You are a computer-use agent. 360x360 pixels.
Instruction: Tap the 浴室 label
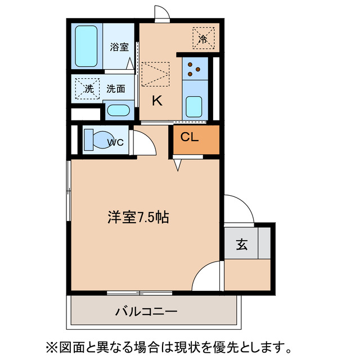click(119, 47)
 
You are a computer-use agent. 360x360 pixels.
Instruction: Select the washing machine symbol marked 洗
click(88, 88)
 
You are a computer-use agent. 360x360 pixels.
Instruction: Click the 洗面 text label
click(116, 88)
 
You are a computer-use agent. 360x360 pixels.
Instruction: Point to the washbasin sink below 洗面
click(118, 110)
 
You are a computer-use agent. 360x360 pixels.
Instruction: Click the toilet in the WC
click(96, 139)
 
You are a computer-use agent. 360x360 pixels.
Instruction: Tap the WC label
click(115, 142)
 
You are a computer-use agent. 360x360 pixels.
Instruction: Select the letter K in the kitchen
click(157, 101)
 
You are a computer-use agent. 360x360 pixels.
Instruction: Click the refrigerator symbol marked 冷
click(203, 37)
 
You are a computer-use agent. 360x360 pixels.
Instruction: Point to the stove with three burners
click(195, 68)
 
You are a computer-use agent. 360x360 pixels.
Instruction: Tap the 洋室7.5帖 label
click(139, 217)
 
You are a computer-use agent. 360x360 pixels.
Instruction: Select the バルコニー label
click(147, 310)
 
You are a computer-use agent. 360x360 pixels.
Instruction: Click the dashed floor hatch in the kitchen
click(155, 74)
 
